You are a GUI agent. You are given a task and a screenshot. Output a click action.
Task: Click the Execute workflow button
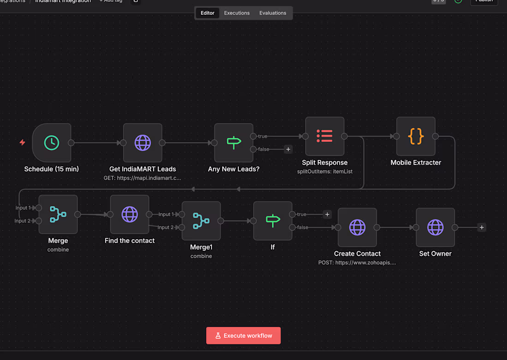coord(243,336)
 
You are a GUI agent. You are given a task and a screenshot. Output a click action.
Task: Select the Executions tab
coord(237,13)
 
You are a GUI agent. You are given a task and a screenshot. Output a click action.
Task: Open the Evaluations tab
coord(273,13)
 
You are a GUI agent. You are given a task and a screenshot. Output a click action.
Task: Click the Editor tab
coord(207,13)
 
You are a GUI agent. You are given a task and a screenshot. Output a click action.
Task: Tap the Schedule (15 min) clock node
coord(52,143)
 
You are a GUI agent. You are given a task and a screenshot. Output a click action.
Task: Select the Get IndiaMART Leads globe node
coord(142,143)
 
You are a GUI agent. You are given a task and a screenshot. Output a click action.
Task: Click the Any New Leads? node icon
coord(234,143)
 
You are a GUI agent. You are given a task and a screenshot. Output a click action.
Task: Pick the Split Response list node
coord(324,136)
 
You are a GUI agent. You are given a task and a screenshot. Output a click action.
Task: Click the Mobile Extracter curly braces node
coord(416,136)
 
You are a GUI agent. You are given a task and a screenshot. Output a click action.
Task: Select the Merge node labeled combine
coord(58,214)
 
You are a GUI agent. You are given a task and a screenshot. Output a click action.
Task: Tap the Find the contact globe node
coord(130,214)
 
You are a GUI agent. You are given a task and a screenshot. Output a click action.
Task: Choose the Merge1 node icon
coord(201,221)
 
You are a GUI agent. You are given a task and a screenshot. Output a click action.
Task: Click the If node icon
coord(273,221)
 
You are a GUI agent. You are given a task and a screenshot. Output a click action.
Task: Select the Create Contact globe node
coord(357,227)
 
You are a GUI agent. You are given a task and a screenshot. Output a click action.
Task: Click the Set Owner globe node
coord(435,227)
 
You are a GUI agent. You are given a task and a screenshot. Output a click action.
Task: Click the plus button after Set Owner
coord(482,227)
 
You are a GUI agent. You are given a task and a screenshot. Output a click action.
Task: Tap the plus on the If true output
coord(327,214)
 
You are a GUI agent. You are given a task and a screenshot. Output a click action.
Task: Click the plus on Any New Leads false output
coord(288,149)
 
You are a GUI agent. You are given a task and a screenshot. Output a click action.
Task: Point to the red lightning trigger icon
coord(22,142)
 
